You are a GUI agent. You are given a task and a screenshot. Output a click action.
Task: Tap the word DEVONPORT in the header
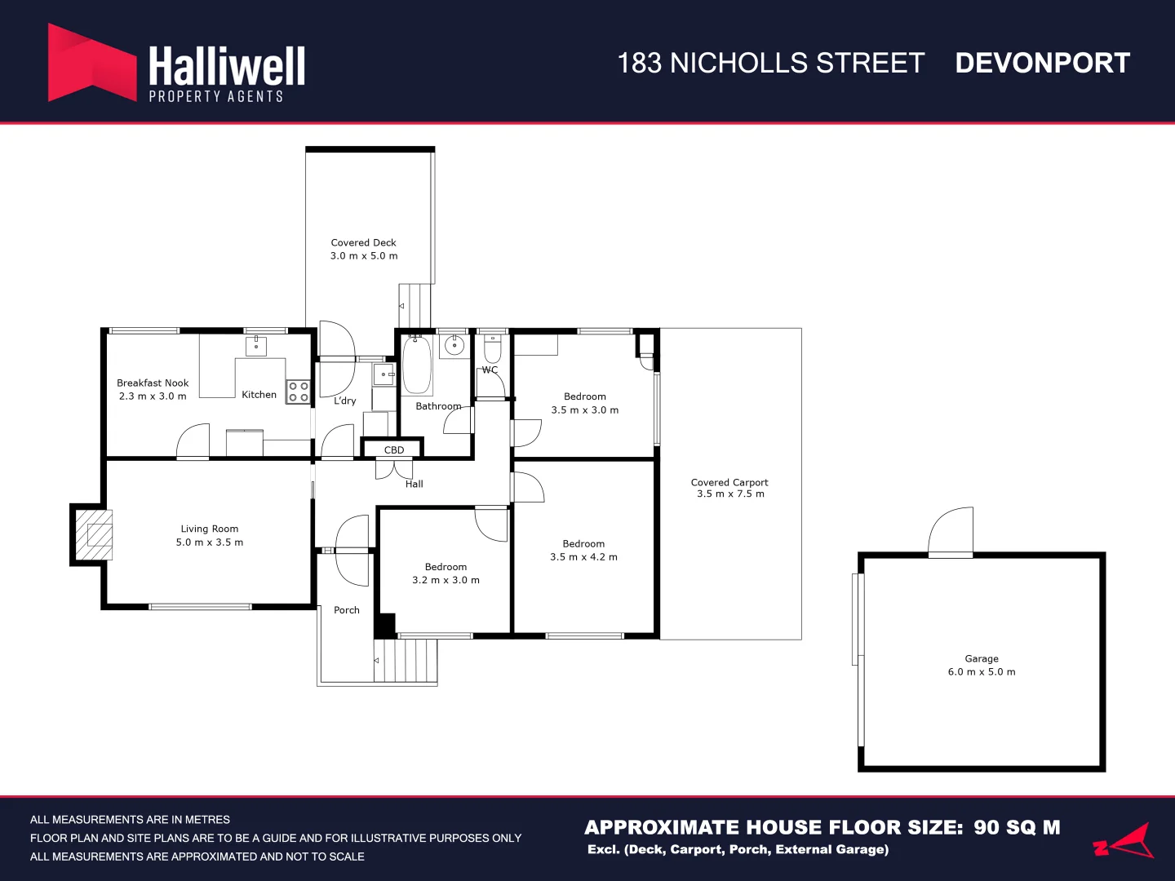point(1042,63)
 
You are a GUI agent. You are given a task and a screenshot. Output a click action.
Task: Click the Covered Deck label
point(363,242)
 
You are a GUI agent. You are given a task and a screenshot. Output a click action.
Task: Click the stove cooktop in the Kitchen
point(298,392)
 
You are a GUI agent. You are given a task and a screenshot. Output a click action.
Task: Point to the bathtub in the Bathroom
point(417,365)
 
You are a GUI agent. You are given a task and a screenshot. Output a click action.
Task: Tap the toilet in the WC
point(493,349)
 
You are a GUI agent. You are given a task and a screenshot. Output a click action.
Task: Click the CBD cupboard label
point(394,449)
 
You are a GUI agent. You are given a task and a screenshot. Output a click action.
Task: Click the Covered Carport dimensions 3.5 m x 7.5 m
point(730,494)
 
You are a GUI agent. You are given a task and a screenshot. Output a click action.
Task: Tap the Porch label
point(347,610)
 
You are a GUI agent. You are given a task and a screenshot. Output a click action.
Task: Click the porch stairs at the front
point(406,660)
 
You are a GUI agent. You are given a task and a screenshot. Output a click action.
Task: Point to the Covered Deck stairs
point(415,306)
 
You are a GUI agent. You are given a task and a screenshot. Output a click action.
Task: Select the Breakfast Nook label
point(153,383)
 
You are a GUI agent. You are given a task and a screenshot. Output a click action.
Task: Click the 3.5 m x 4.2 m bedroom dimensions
point(583,557)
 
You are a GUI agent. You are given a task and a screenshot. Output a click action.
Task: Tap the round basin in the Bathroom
point(454,346)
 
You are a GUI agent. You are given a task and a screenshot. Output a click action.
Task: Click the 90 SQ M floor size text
point(1017,827)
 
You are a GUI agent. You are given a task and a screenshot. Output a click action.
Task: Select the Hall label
point(415,484)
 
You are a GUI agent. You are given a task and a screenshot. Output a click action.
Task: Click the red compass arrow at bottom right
point(1126,842)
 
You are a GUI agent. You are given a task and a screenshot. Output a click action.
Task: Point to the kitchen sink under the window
point(256,346)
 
